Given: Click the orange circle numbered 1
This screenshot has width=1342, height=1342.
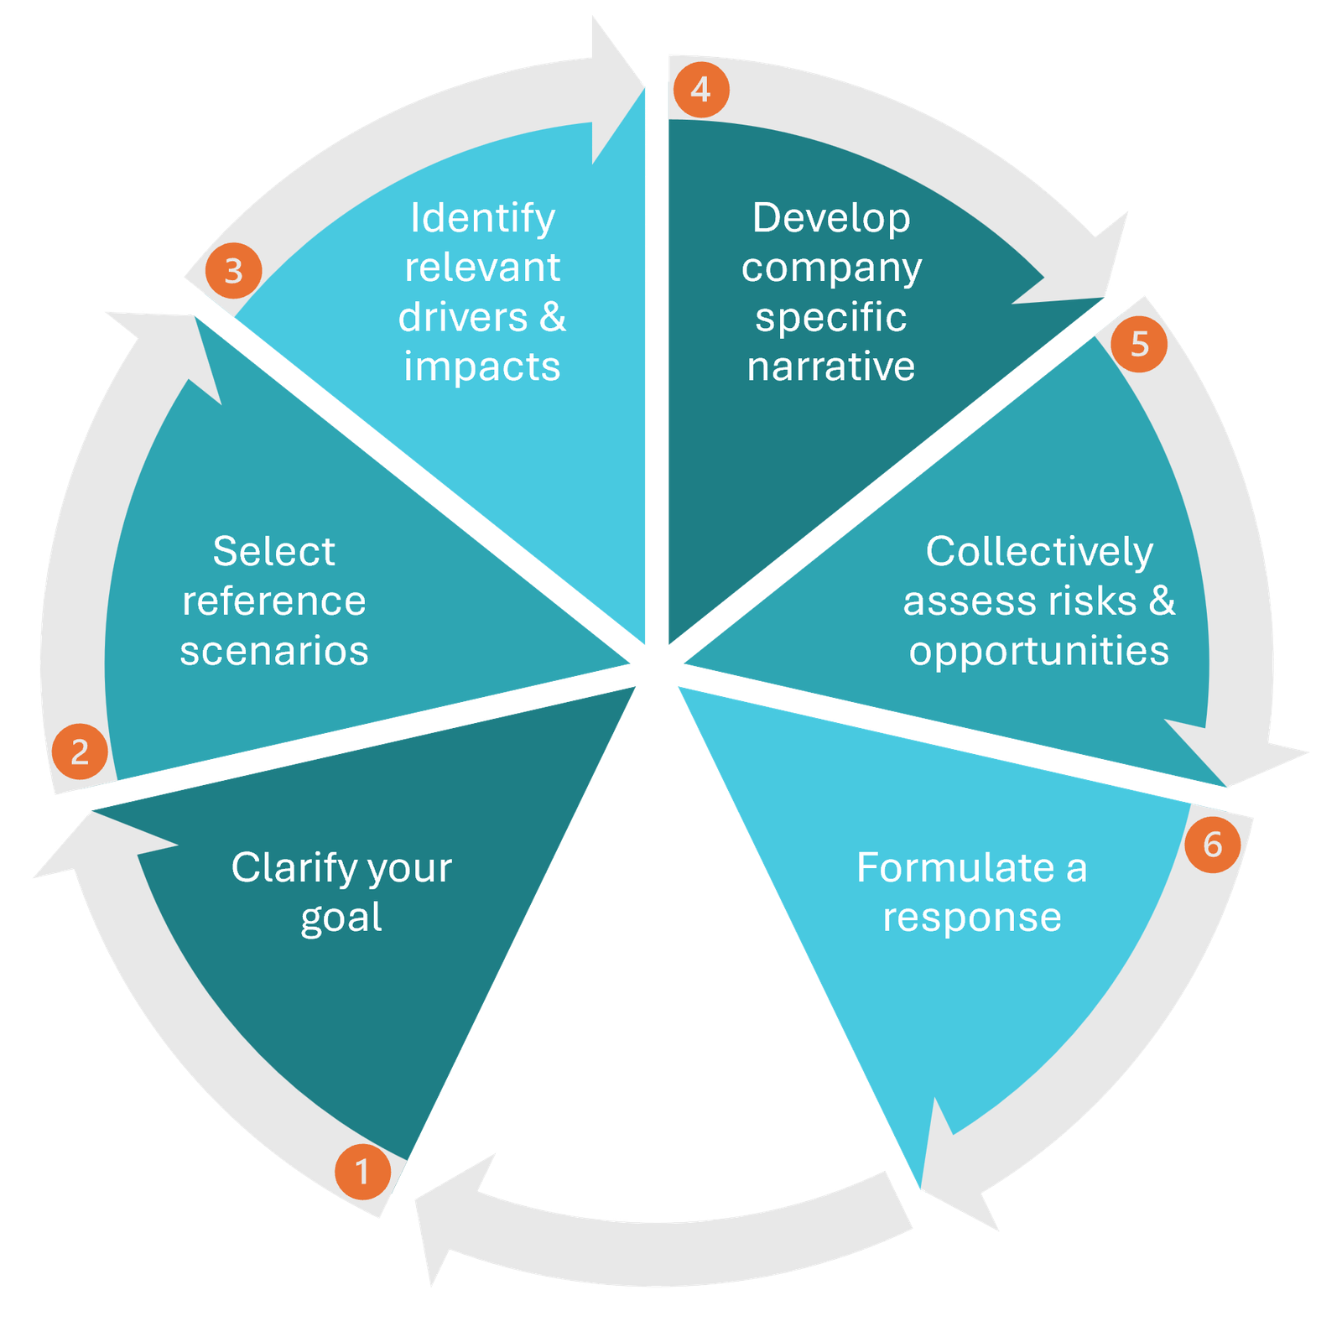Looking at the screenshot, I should pyautogui.click(x=362, y=1171).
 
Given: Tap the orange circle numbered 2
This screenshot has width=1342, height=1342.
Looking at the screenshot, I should pyautogui.click(x=80, y=751).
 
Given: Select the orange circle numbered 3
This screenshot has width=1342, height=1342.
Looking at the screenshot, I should pyautogui.click(x=233, y=270).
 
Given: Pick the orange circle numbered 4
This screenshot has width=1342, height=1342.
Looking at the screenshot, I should pyautogui.click(x=700, y=89).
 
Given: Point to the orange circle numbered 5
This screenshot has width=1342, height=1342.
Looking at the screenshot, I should pyautogui.click(x=1138, y=344).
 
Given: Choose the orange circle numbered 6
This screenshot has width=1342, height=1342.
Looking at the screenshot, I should pyautogui.click(x=1212, y=844).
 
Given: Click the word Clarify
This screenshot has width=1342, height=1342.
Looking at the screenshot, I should pyautogui.click(x=282, y=868).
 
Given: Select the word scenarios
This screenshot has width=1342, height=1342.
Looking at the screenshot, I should pyautogui.click(x=274, y=651).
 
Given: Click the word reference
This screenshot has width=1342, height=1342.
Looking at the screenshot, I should pyautogui.click(x=274, y=601).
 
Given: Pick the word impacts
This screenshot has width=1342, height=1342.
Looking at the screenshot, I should pyautogui.click(x=482, y=367).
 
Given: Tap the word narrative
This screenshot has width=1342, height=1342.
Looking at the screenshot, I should pyautogui.click(x=831, y=367).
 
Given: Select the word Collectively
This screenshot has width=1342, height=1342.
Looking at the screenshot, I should pyautogui.click(x=1039, y=552).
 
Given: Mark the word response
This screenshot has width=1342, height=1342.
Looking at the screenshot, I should pyautogui.click(x=972, y=918).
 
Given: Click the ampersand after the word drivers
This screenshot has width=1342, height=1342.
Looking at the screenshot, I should pyautogui.click(x=553, y=317).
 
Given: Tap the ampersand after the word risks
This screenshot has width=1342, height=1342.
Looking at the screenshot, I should pyautogui.click(x=1163, y=601).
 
